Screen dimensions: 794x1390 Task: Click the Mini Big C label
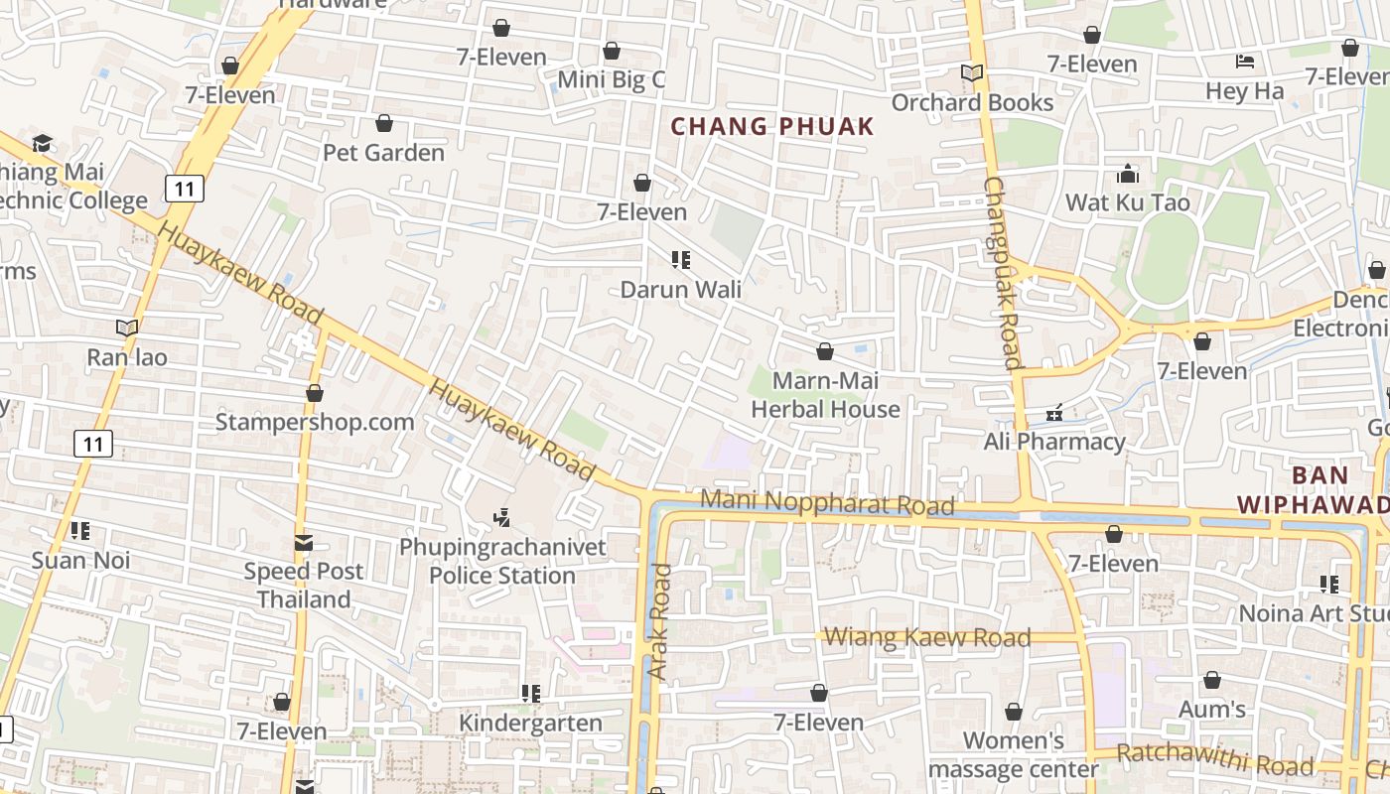(611, 80)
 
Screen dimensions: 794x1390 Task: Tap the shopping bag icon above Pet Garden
(384, 123)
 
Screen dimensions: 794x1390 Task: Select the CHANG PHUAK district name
(772, 126)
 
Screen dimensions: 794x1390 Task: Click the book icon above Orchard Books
(971, 73)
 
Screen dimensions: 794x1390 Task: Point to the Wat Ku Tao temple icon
(1128, 175)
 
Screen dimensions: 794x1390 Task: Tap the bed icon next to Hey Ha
(1245, 62)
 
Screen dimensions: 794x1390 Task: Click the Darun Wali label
(680, 290)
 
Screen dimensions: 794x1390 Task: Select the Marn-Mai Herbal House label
(825, 395)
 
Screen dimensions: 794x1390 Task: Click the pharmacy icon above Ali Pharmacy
(1054, 412)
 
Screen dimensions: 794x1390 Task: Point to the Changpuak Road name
(1003, 273)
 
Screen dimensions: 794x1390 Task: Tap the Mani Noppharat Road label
(827, 503)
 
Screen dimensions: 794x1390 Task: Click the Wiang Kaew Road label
(927, 637)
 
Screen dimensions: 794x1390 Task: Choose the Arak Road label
(659, 621)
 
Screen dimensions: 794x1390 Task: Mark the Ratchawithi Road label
(1215, 760)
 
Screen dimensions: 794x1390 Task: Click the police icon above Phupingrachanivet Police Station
(502, 517)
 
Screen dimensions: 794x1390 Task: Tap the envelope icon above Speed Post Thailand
(304, 543)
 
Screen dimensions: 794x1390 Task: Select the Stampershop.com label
(315, 422)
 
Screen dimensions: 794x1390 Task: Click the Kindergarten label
(530, 723)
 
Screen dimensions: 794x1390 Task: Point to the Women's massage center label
(1014, 754)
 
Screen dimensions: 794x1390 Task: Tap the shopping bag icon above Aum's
(1212, 681)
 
